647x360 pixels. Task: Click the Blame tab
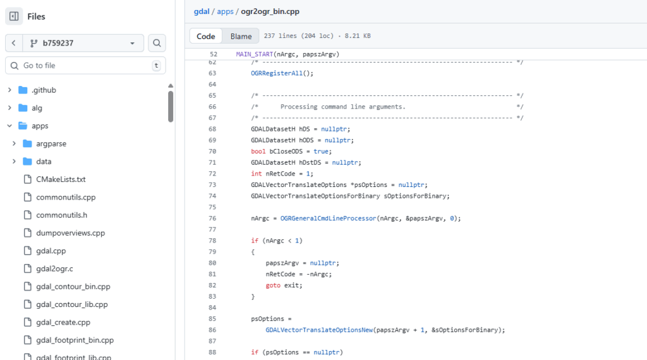(x=241, y=36)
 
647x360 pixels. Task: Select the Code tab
(x=206, y=36)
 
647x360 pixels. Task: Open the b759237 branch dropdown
(x=83, y=43)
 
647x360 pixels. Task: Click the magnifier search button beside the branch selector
(x=157, y=43)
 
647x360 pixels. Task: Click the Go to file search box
(x=85, y=66)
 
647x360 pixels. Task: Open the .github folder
(x=44, y=90)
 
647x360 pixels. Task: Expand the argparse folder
(x=51, y=143)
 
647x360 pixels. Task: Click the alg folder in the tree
(x=37, y=108)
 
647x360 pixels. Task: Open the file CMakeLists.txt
(x=61, y=179)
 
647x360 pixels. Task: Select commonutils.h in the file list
(x=61, y=215)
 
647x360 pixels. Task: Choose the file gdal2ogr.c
(x=54, y=269)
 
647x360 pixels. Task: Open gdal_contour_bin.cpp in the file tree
(x=73, y=287)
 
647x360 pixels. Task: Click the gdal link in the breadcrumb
(x=202, y=11)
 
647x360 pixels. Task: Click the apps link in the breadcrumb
(x=226, y=11)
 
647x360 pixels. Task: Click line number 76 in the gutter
(x=212, y=219)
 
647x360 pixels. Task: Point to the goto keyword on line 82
(x=273, y=285)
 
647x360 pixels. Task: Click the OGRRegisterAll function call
(x=277, y=73)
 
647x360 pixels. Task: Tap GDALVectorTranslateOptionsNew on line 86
(x=319, y=330)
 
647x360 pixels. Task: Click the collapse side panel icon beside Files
(x=14, y=16)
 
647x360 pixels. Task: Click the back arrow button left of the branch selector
(x=14, y=43)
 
